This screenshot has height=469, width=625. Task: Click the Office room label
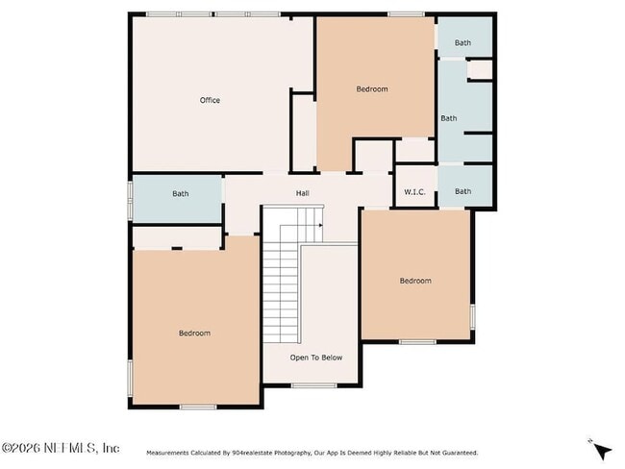pyautogui.click(x=210, y=100)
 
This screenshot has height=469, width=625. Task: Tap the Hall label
pyautogui.click(x=302, y=193)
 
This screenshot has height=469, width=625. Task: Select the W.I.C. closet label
pyautogui.click(x=415, y=191)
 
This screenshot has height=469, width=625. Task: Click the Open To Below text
pyautogui.click(x=316, y=358)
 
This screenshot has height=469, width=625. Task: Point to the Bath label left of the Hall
pyautogui.click(x=181, y=193)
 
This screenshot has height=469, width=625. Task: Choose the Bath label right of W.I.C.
pyautogui.click(x=462, y=191)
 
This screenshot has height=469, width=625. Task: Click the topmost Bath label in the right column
pyautogui.click(x=462, y=42)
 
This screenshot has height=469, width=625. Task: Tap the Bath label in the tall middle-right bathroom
pyautogui.click(x=448, y=118)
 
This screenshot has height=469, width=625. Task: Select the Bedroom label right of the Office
pyautogui.click(x=371, y=89)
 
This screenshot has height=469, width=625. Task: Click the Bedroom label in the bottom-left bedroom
pyautogui.click(x=194, y=333)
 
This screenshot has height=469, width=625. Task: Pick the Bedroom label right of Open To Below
pyautogui.click(x=415, y=281)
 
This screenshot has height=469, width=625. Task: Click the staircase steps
pyautogui.click(x=283, y=288)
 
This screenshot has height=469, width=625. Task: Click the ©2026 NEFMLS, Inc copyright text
pyautogui.click(x=61, y=448)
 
